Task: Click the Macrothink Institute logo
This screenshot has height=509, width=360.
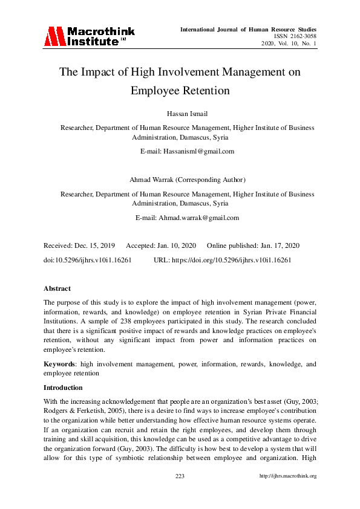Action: [x=89, y=36]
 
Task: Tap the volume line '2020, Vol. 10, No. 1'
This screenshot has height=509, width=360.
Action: [x=289, y=44]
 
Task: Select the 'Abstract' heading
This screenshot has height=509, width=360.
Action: [x=57, y=289]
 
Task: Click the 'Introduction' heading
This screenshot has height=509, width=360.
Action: [x=63, y=387]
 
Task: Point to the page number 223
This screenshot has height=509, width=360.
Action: [x=180, y=476]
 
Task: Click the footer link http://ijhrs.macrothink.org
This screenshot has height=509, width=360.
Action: [x=287, y=476]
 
